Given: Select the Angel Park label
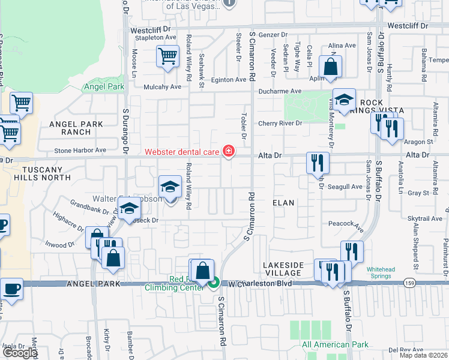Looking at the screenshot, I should click(x=104, y=87).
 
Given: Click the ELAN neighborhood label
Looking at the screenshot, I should click(x=283, y=203).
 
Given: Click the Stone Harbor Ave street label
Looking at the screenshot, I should click(x=80, y=151).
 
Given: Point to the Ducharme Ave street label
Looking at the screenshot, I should click(x=280, y=91).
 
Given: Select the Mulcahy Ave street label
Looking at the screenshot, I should click(x=162, y=87).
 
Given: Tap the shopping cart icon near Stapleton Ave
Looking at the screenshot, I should click(x=167, y=56).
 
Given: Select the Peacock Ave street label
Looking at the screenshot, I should click(x=346, y=226).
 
